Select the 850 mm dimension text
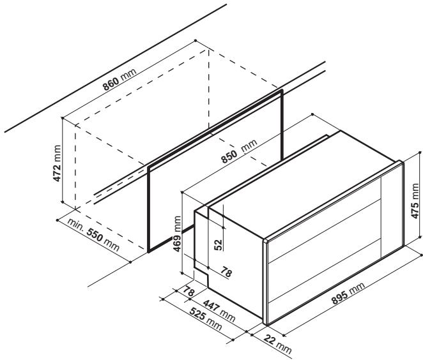tap(236, 152)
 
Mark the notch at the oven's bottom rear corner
tap(203, 276)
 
